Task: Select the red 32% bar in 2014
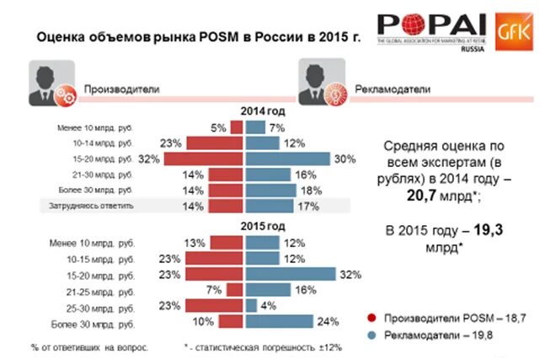(204, 159)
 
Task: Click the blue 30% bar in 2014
(286, 159)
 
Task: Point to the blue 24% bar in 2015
(278, 320)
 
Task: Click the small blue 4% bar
(250, 305)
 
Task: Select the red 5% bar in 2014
(237, 128)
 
